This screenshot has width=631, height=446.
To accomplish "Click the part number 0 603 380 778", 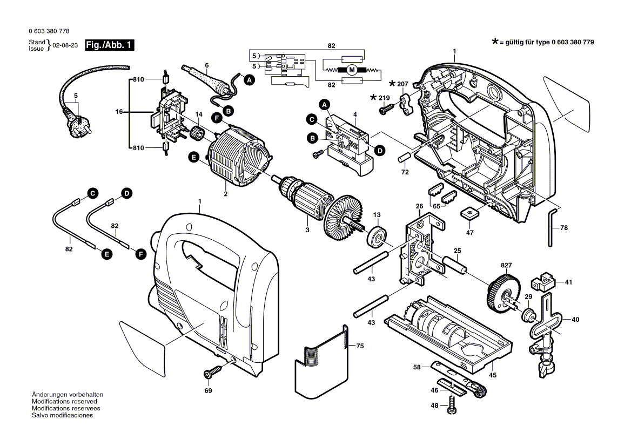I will tap(49, 32).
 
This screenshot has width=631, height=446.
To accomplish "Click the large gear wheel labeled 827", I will tap(502, 294).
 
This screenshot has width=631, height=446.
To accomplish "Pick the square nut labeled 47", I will tap(469, 213).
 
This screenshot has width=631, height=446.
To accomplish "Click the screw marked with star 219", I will tap(386, 109).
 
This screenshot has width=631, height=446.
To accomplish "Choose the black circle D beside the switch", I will tap(380, 151).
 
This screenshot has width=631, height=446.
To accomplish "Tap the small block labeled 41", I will tap(543, 281).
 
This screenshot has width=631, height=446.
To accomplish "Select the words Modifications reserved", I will tap(64, 402).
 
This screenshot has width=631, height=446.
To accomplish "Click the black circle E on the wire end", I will tap(107, 253).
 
